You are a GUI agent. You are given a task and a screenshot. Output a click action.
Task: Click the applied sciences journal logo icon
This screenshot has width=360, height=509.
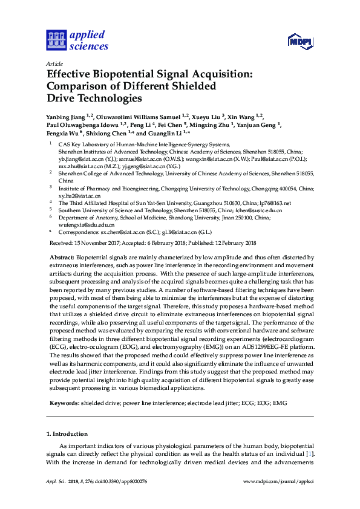coord(56,41)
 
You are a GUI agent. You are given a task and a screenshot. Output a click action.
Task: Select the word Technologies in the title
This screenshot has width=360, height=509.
coord(108,98)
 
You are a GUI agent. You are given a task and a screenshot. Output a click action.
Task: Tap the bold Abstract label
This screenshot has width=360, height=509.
coord(62,258)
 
